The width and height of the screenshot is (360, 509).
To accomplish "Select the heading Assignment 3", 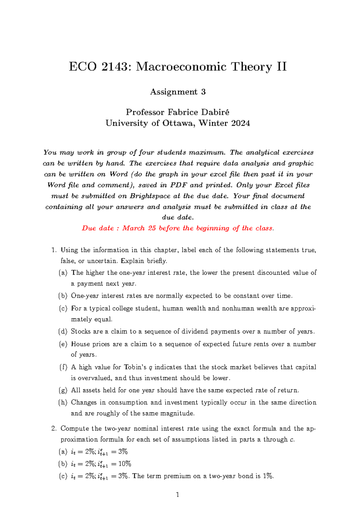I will click(x=178, y=92).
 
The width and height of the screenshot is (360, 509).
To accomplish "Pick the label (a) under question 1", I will click(x=63, y=273).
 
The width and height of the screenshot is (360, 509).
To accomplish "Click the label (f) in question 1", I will click(x=63, y=367).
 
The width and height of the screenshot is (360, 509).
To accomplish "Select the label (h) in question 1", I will click(x=63, y=402).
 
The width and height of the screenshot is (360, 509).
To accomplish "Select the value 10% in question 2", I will click(x=124, y=464).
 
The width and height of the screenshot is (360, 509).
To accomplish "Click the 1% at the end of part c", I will click(x=268, y=476).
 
